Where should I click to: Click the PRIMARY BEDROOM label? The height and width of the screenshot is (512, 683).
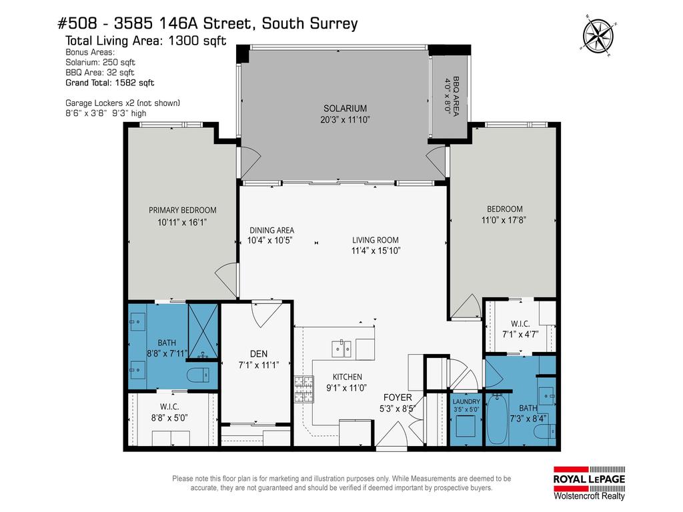pyautogui.click(x=182, y=210)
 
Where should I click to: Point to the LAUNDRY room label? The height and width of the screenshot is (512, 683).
pyautogui.click(x=466, y=401)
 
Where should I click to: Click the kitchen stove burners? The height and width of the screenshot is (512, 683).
pyautogui.click(x=304, y=390)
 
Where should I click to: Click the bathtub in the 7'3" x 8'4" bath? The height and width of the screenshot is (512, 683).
pyautogui.click(x=497, y=420)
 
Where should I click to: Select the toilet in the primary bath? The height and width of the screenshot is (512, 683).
pyautogui.click(x=197, y=375)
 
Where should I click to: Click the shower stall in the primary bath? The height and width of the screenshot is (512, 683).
pyautogui.click(x=202, y=330)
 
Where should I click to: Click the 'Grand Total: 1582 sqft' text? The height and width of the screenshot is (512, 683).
pyautogui.click(x=109, y=83)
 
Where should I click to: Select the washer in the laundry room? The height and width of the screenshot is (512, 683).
pyautogui.click(x=465, y=426)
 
